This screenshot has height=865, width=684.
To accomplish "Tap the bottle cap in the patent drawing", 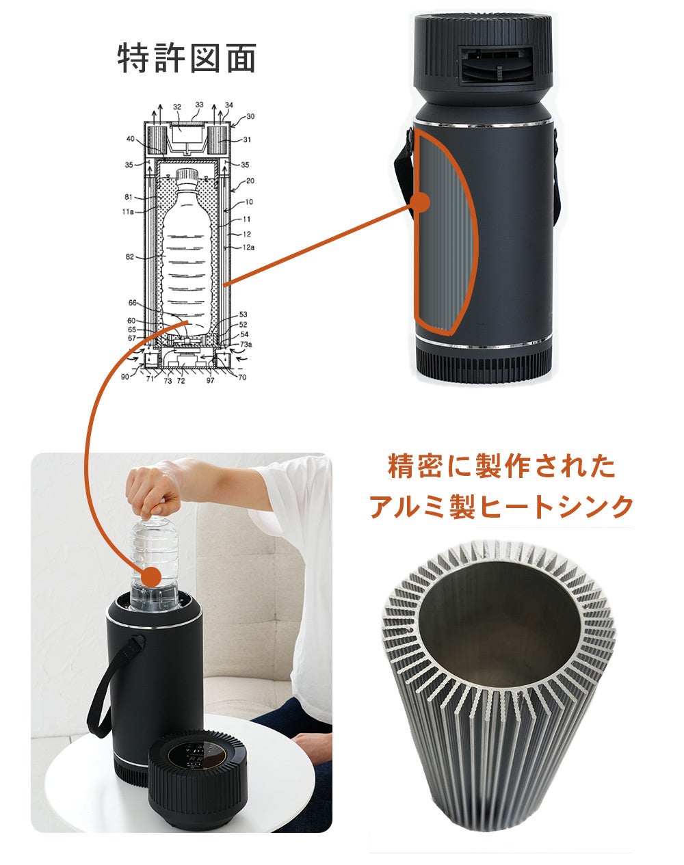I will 186,176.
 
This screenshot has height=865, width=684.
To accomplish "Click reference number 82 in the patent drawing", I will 130,257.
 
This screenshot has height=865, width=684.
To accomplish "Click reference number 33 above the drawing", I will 199,105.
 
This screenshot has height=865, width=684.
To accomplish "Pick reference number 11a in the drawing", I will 128,213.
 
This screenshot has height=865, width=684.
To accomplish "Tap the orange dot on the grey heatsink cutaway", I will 422,202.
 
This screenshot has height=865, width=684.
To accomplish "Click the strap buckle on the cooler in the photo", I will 137,643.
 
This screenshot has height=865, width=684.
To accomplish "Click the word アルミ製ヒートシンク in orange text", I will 501,507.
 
